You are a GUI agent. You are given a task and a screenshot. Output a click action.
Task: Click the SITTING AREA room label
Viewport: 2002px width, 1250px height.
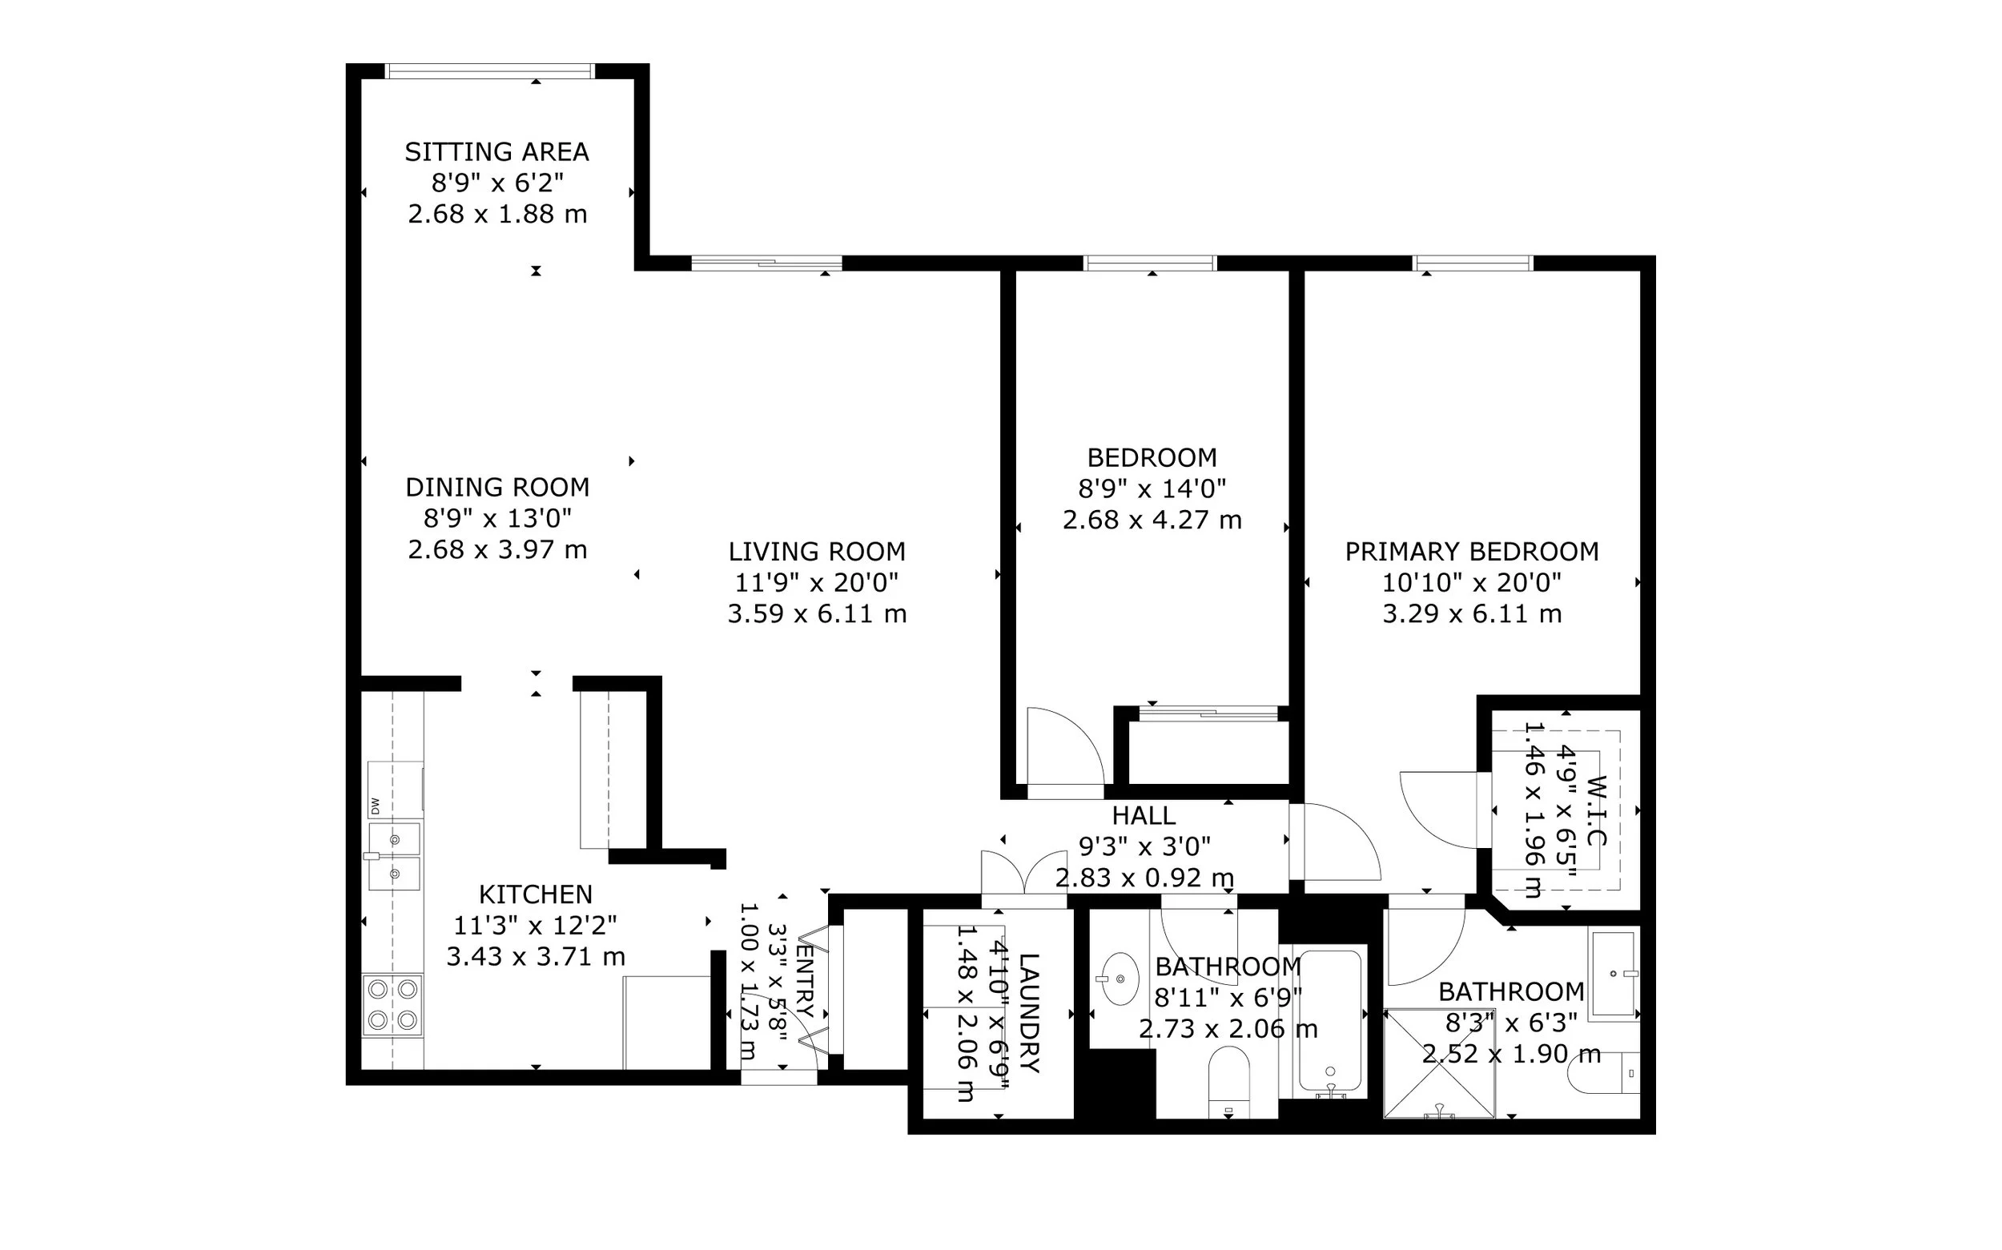coord(496,152)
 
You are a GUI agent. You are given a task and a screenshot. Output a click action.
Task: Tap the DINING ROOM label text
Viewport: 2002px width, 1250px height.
coord(496,488)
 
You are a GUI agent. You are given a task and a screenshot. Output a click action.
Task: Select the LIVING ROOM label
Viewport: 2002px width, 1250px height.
coord(817,552)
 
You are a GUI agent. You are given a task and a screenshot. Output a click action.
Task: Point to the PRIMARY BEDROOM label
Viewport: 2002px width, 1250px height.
coord(1471,552)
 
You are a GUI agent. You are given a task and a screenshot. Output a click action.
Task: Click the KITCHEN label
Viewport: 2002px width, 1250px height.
coord(536,894)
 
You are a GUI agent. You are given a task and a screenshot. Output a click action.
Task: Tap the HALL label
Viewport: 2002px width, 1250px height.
coord(1144,816)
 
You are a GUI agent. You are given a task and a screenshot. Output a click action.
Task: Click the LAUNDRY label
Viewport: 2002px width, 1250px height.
coord(1028,1013)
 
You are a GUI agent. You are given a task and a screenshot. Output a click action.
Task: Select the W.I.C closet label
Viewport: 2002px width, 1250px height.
coord(1596,810)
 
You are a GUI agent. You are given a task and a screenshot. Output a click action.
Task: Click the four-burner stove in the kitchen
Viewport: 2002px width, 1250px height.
coord(392,1005)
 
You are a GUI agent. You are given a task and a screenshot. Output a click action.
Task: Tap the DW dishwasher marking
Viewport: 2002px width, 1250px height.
coord(375,806)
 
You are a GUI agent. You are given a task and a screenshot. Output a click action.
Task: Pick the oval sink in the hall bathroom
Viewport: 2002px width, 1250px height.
coord(1120,979)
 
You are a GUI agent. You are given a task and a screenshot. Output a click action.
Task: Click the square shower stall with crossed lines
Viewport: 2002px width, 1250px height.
coord(1439,1063)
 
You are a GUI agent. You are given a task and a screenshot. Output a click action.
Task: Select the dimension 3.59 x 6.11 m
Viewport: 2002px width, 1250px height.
coord(817,614)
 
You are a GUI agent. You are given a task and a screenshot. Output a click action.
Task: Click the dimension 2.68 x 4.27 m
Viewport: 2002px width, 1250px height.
coord(1152,520)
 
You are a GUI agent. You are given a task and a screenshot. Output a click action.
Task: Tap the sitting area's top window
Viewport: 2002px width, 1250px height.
coord(491,71)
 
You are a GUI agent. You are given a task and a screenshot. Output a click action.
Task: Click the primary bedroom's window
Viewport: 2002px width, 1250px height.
coord(1473,263)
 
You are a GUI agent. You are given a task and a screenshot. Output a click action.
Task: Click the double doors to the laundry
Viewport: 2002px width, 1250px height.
coord(1024,872)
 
